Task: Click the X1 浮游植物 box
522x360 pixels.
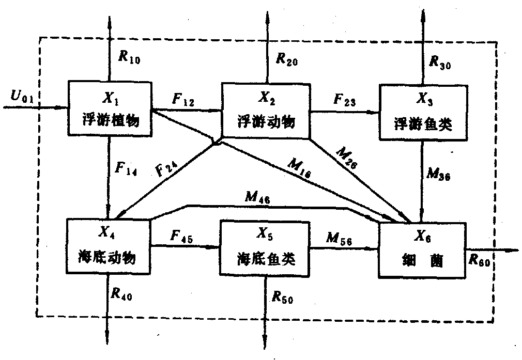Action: [110, 109]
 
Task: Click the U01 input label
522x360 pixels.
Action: [21, 96]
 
